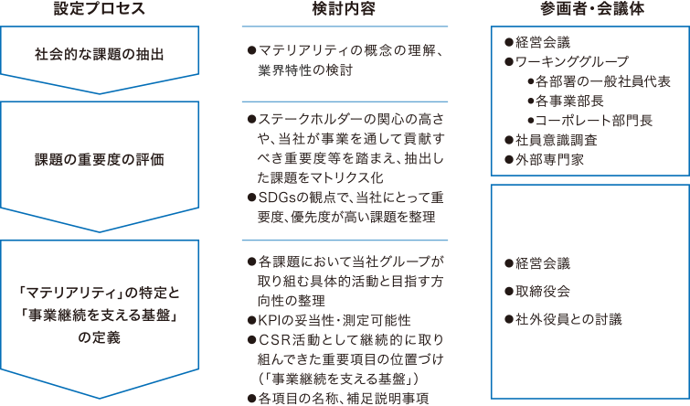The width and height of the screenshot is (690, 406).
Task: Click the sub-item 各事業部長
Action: (x=574, y=101)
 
